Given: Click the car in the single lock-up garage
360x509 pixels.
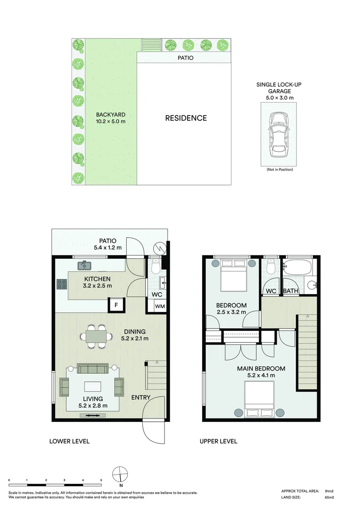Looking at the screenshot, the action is [x=278, y=134].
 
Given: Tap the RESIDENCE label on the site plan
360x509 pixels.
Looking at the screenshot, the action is [x=186, y=118].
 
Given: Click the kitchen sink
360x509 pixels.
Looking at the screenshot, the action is [x=84, y=265].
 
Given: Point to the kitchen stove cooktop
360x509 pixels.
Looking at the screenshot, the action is [x=62, y=284].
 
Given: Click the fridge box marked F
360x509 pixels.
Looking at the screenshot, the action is [x=116, y=305].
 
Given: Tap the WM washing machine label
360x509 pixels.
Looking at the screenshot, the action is [x=160, y=306].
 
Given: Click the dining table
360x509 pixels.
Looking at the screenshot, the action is [x=96, y=337].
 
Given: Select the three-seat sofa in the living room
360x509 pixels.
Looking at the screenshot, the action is [x=92, y=369].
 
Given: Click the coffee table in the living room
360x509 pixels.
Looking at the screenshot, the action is [x=93, y=386].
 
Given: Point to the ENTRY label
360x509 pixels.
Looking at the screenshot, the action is [x=141, y=398].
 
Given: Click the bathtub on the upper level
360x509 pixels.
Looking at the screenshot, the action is [x=297, y=267].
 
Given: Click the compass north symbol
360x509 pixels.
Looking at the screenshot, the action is [x=120, y=474].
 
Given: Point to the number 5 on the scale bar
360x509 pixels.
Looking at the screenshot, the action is [x=101, y=480].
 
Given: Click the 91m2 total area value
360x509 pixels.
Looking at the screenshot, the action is [x=329, y=491].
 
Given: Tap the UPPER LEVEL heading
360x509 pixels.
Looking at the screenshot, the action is [x=219, y=442].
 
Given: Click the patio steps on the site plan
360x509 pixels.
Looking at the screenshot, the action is [x=152, y=45].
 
